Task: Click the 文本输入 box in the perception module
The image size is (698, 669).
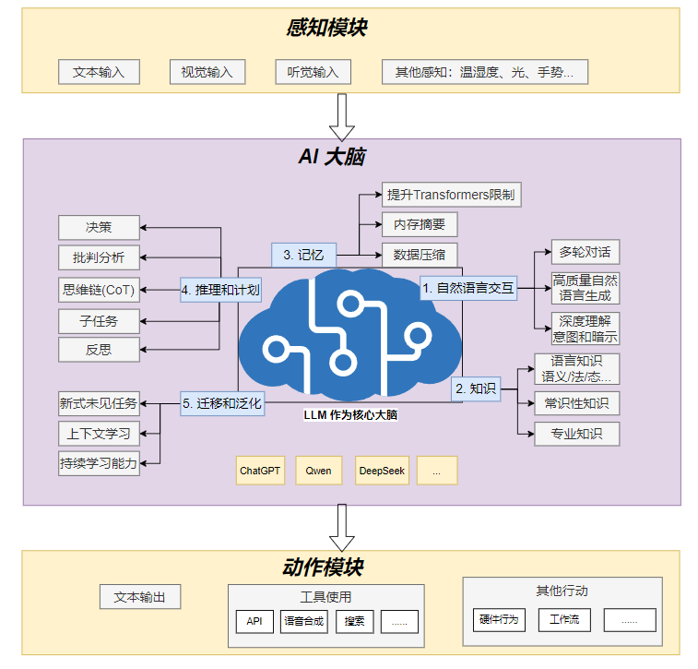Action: pos(99,72)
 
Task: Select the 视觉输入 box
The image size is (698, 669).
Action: pos(207,72)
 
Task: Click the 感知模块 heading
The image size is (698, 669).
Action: pos(326,28)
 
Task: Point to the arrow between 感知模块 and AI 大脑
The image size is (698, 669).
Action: pos(343,115)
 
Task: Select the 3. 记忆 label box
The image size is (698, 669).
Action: pos(303,255)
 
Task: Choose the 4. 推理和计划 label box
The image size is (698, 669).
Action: pos(220,290)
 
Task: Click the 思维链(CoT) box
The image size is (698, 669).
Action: pos(99,290)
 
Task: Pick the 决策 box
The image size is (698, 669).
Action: pos(99,226)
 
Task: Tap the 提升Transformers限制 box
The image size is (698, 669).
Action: pos(452,195)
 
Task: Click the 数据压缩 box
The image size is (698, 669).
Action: pos(420,255)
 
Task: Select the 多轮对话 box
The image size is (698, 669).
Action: pos(586,252)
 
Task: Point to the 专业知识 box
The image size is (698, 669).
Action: pos(577,434)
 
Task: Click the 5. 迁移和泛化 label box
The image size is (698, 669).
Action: pos(221,403)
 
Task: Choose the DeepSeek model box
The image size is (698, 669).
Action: pos(382,471)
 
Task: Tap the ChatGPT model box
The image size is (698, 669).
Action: pos(260,471)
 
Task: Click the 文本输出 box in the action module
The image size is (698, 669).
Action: pos(140,597)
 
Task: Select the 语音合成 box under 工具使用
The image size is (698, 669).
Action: pos(304,621)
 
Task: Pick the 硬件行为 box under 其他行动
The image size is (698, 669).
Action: pos(499,619)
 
